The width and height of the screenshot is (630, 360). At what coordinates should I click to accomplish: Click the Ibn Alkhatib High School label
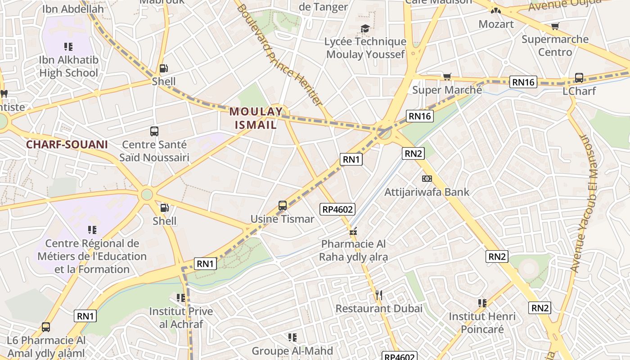[x=68, y=66]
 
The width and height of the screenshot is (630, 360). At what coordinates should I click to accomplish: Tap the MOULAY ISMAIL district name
[x=253, y=118]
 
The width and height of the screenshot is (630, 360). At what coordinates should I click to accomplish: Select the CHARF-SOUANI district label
[x=67, y=144]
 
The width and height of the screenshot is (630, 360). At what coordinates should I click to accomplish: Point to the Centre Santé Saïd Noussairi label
[x=154, y=151]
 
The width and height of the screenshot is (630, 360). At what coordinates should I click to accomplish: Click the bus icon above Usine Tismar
[x=283, y=206]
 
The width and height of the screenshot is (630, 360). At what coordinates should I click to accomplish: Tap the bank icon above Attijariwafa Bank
[x=427, y=179]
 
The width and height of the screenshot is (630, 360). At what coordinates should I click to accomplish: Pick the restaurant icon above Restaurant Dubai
[x=379, y=295]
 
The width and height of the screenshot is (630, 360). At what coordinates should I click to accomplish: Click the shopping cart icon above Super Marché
[x=447, y=77]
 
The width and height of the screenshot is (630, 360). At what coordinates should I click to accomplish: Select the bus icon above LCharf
[x=579, y=78]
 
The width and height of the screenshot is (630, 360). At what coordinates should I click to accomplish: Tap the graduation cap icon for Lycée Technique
[x=365, y=29]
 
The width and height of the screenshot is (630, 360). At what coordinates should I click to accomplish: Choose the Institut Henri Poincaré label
[x=482, y=323]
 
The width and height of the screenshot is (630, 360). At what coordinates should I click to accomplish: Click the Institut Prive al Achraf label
[x=181, y=318]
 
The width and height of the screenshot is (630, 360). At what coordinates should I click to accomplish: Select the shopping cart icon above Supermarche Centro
[x=555, y=27]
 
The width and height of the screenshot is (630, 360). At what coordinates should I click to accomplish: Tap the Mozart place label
[x=496, y=24]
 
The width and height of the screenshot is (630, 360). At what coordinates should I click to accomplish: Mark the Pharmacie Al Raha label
[x=353, y=250]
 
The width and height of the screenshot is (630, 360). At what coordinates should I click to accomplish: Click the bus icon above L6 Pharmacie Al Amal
[x=46, y=327]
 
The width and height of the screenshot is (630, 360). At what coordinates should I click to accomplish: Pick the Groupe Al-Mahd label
[x=292, y=351]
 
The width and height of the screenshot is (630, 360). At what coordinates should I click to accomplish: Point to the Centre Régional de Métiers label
[x=92, y=256]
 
